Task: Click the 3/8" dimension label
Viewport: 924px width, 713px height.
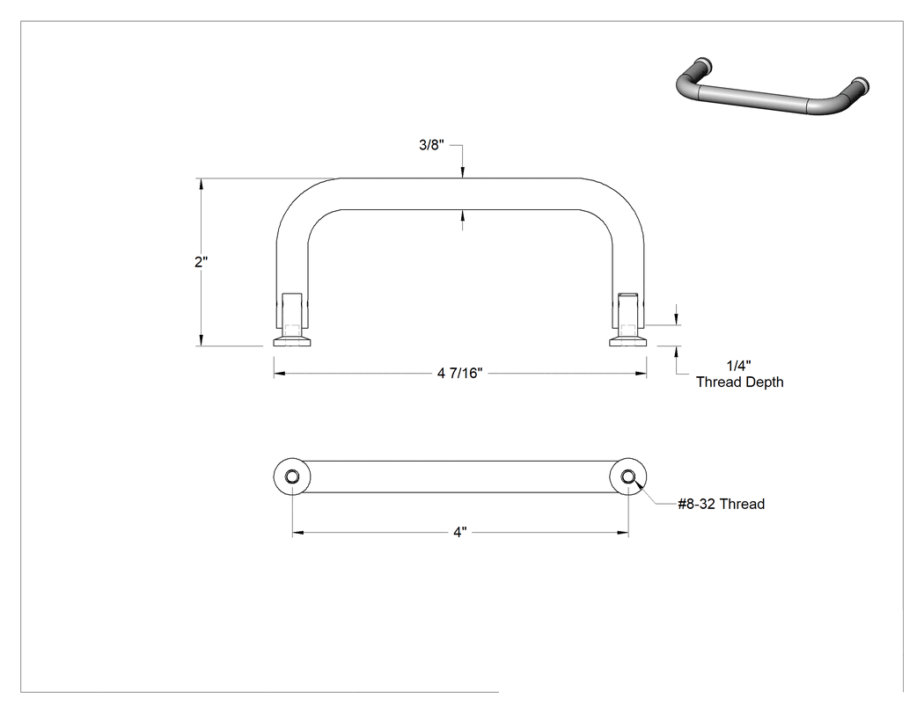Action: (x=431, y=145)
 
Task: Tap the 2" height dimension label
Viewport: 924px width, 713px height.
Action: (x=202, y=262)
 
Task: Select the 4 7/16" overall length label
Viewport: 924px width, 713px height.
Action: (x=459, y=374)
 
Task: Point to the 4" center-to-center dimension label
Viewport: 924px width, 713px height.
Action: (x=460, y=532)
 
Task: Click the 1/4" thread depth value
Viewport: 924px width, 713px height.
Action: (x=738, y=367)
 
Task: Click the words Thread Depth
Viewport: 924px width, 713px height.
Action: (x=739, y=382)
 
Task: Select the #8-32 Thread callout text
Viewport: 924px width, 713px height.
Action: (x=722, y=504)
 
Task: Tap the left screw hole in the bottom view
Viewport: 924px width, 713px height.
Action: (x=291, y=477)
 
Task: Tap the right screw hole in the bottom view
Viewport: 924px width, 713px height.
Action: (x=628, y=477)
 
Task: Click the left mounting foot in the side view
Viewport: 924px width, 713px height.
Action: (x=291, y=341)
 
